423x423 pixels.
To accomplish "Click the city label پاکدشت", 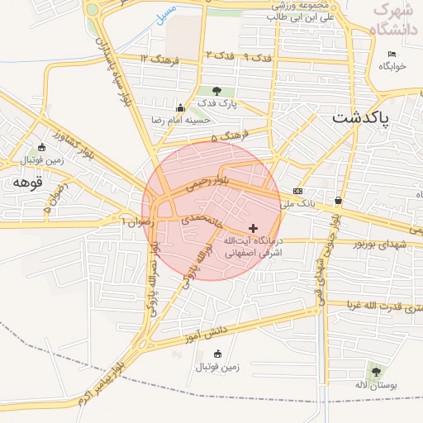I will click(x=371, y=118).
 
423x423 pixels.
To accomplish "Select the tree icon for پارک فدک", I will click(x=217, y=91).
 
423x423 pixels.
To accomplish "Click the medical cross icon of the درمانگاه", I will click(x=253, y=227).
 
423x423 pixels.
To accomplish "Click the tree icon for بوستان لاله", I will click(x=377, y=373).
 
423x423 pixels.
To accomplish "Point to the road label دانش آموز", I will click(x=206, y=332).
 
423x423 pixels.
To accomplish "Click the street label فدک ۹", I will click(x=259, y=57).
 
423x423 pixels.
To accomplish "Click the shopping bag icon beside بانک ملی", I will click(x=338, y=201).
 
